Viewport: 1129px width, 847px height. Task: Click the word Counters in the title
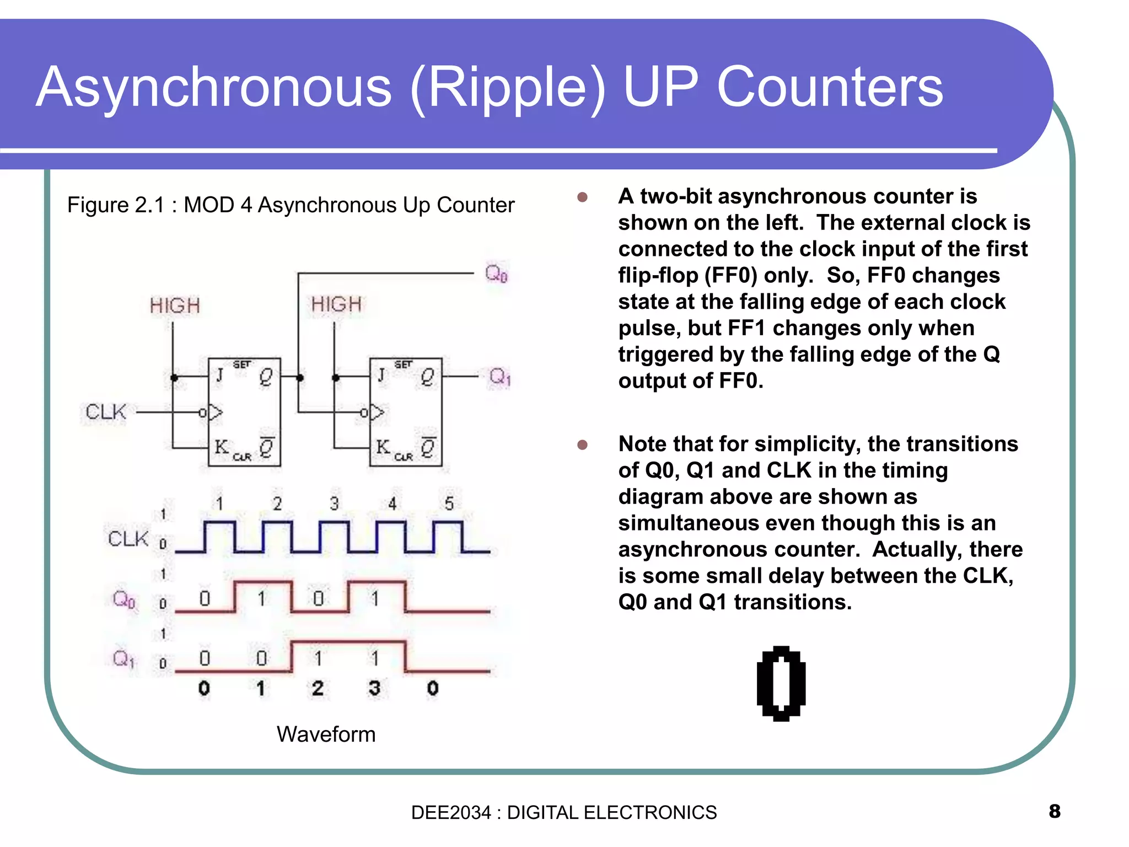(830, 87)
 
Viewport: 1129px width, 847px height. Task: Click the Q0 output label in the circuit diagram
(496, 273)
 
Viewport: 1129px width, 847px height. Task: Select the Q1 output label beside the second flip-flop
(499, 377)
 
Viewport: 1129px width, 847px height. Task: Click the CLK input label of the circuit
(106, 412)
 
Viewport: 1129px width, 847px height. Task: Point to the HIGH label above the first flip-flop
(175, 305)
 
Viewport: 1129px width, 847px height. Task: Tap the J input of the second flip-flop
(381, 376)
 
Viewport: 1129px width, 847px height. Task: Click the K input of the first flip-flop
(221, 446)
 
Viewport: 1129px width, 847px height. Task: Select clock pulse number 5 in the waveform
(449, 503)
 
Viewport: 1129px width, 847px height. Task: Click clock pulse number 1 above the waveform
(219, 503)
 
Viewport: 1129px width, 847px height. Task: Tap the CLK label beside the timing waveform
(128, 539)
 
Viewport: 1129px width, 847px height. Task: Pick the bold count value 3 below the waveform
(374, 688)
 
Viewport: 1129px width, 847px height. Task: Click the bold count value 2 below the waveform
(318, 688)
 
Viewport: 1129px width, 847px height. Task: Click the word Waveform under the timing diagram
(326, 735)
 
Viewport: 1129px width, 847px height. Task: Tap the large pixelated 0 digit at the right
(781, 684)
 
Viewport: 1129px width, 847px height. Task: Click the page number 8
(1054, 811)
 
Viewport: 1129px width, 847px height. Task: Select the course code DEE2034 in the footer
(450, 812)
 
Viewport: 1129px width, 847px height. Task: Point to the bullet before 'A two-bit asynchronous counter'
(582, 197)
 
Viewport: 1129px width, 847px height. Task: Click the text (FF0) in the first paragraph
(731, 275)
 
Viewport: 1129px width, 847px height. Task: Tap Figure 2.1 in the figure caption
(116, 205)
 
